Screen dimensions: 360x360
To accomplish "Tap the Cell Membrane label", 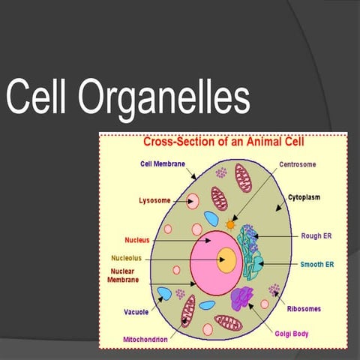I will click(163, 163).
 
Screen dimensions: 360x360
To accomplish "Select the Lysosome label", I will click(154, 200).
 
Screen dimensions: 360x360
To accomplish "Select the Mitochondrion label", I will click(145, 339).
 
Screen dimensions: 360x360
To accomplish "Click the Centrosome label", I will click(298, 164).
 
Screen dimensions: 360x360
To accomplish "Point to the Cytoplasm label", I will click(304, 197).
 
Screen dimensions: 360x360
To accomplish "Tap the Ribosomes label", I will click(306, 307).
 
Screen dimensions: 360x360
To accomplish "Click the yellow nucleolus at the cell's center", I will click(226, 261).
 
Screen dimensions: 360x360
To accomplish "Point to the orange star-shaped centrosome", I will click(230, 223).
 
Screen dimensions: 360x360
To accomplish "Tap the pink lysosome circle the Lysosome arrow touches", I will click(193, 201).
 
